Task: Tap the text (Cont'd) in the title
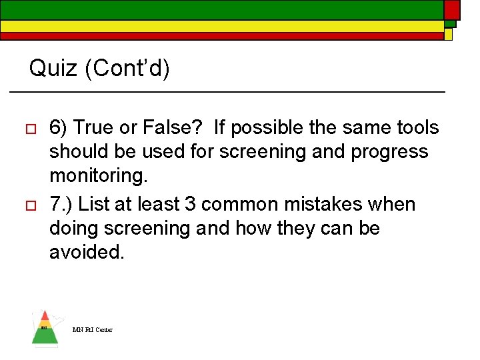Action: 127,68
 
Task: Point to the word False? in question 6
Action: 163,127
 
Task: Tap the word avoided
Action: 87,253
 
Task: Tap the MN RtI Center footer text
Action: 93,329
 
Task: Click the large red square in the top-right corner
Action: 452,9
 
